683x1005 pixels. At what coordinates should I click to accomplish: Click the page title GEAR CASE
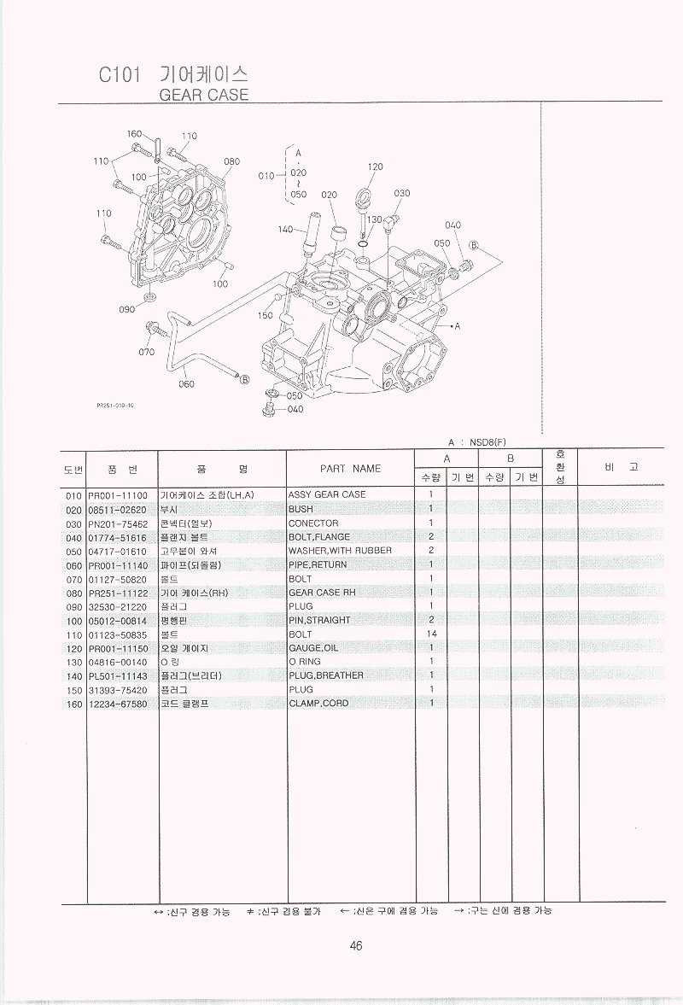pyautogui.click(x=204, y=95)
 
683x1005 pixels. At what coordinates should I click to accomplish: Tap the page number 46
pyautogui.click(x=356, y=945)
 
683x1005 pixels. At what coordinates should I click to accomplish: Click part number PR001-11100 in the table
pyautogui.click(x=118, y=495)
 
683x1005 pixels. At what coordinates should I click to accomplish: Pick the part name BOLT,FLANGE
pyautogui.click(x=319, y=537)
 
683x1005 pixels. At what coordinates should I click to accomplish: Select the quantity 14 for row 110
pyautogui.click(x=431, y=634)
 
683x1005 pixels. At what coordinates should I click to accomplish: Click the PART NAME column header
pyautogui.click(x=350, y=469)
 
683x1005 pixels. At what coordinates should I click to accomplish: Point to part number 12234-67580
pyautogui.click(x=118, y=704)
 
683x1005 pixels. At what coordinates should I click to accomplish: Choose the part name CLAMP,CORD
pyautogui.click(x=318, y=704)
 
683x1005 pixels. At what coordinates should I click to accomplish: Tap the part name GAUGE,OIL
pyautogui.click(x=313, y=648)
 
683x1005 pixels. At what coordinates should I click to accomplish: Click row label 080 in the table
pyautogui.click(x=73, y=593)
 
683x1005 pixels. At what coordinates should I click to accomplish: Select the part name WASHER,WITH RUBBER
pyautogui.click(x=340, y=551)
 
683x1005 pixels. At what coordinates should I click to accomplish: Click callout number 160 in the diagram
pyautogui.click(x=134, y=134)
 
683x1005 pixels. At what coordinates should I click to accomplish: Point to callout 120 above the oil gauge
pyautogui.click(x=376, y=167)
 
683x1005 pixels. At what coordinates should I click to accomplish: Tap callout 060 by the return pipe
pyautogui.click(x=186, y=383)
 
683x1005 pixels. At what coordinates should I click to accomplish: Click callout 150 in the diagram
pyautogui.click(x=265, y=315)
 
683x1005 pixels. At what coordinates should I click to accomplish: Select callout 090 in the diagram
pyautogui.click(x=126, y=309)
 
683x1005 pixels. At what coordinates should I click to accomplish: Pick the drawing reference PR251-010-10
pyautogui.click(x=115, y=407)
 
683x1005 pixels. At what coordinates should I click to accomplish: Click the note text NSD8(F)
pyautogui.click(x=488, y=442)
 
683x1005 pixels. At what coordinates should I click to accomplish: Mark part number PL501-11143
pyautogui.click(x=118, y=675)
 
